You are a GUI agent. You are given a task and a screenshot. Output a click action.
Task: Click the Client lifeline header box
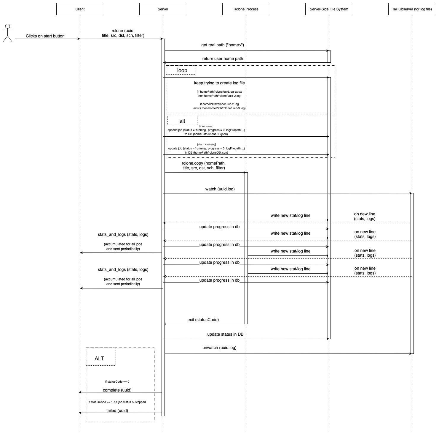click(80, 9)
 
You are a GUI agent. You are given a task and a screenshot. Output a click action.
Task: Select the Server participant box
click(163, 9)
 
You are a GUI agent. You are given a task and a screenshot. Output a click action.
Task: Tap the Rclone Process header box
click(246, 9)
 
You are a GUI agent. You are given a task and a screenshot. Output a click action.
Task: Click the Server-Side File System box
click(329, 9)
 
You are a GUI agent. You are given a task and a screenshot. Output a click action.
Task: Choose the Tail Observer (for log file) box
click(412, 9)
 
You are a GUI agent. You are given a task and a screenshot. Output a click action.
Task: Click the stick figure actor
click(7, 33)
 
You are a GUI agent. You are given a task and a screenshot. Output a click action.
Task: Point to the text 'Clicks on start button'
click(45, 36)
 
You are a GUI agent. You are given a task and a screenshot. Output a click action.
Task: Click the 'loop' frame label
click(182, 70)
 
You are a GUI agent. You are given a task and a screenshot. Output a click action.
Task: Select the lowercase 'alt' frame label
click(182, 121)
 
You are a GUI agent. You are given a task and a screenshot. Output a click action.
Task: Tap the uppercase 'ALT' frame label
click(99, 359)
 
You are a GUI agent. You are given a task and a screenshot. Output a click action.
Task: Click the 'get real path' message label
click(223, 45)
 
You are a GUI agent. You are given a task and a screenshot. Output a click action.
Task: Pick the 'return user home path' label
click(223, 59)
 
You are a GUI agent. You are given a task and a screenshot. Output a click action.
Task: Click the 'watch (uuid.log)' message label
click(220, 189)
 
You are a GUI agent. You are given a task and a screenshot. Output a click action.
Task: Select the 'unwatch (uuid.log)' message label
click(219, 348)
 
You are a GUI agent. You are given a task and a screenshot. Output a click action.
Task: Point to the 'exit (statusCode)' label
click(203, 320)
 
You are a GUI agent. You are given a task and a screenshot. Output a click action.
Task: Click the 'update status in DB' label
click(225, 334)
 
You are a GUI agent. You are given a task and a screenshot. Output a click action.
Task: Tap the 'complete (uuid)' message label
click(117, 390)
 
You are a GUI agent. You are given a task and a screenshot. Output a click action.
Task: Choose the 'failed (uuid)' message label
click(117, 411)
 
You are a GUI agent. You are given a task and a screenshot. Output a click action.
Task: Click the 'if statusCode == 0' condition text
click(117, 382)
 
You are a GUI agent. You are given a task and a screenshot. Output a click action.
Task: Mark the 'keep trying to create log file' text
click(219, 83)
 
